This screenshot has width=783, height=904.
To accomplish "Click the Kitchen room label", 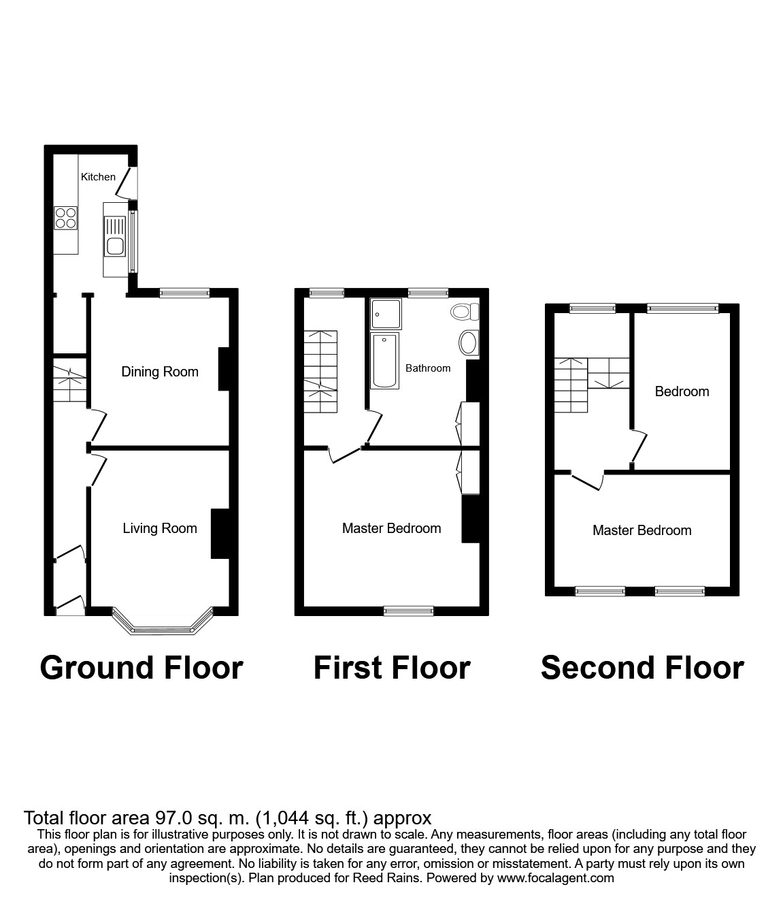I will pos(98,177).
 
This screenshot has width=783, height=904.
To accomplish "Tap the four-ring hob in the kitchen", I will pos(66,217).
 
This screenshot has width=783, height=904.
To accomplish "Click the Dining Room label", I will pos(160,372).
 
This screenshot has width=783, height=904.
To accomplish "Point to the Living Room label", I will pos(160,528).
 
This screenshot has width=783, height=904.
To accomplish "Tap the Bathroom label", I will pos(428,368).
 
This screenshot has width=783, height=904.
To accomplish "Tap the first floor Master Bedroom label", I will pos(391,528).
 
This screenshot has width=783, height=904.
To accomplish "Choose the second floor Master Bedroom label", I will pos(642,530).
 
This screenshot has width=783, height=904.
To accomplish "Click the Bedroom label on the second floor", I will pos(682,391).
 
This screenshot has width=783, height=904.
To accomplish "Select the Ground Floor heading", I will pos(141,668).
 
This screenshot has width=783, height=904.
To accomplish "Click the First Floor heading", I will pos(392,668).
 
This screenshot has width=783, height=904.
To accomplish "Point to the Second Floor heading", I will pos(642,668).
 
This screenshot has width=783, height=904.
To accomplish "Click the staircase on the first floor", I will pos(320,372).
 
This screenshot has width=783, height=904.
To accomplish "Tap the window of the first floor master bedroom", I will pos(409,611).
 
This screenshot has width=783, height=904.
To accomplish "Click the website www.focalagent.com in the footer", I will pos(556,878).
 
